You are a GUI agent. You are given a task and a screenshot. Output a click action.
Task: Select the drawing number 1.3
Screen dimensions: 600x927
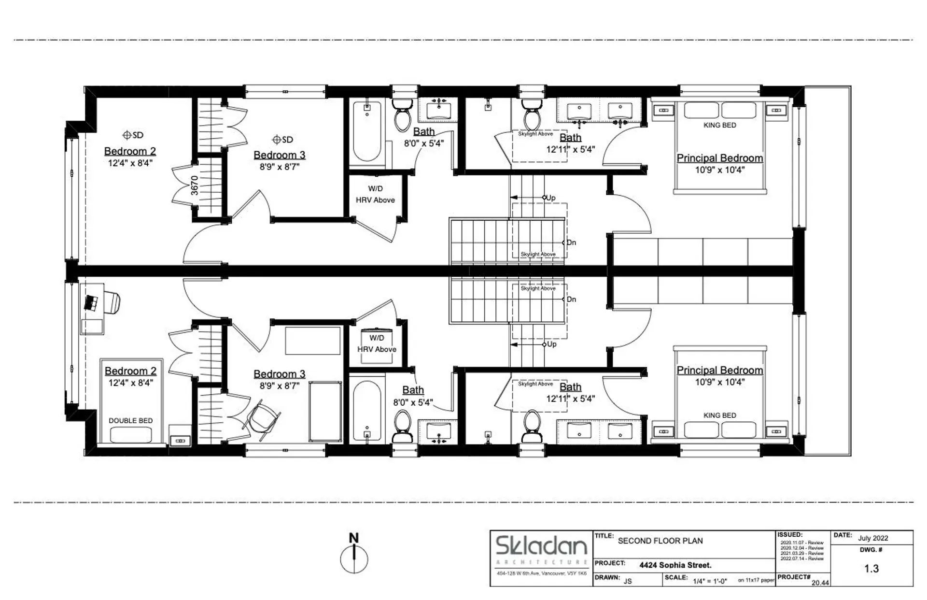(871, 569)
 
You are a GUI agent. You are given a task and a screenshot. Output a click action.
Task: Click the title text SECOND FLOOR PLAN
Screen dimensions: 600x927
(660, 541)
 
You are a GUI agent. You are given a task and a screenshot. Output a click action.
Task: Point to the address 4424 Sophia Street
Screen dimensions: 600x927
(675, 565)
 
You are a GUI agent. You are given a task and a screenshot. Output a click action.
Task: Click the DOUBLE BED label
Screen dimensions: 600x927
(130, 421)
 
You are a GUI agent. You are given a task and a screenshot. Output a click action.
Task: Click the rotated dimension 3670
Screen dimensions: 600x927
(195, 185)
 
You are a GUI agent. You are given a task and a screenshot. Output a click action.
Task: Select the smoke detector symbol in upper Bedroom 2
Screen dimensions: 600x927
(127, 135)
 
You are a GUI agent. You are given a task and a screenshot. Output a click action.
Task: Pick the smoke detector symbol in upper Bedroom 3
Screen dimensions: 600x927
(277, 140)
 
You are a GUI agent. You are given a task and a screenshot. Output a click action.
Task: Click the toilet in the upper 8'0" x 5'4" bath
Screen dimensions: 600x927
(402, 116)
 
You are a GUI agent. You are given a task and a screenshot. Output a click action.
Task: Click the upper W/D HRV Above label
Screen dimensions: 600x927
(375, 194)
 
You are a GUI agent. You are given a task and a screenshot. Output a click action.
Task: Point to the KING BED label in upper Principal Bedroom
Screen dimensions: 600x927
(719, 125)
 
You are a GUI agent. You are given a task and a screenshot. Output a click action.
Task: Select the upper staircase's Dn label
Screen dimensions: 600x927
(571, 243)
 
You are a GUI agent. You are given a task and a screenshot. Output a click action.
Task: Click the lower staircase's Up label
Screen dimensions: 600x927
(551, 344)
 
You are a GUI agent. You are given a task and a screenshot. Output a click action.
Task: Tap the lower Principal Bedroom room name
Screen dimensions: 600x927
(719, 370)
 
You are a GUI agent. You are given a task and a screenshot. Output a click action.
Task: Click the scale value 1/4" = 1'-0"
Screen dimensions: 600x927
(710, 581)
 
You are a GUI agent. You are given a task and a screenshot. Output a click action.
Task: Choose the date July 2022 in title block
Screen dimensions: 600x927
(873, 538)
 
